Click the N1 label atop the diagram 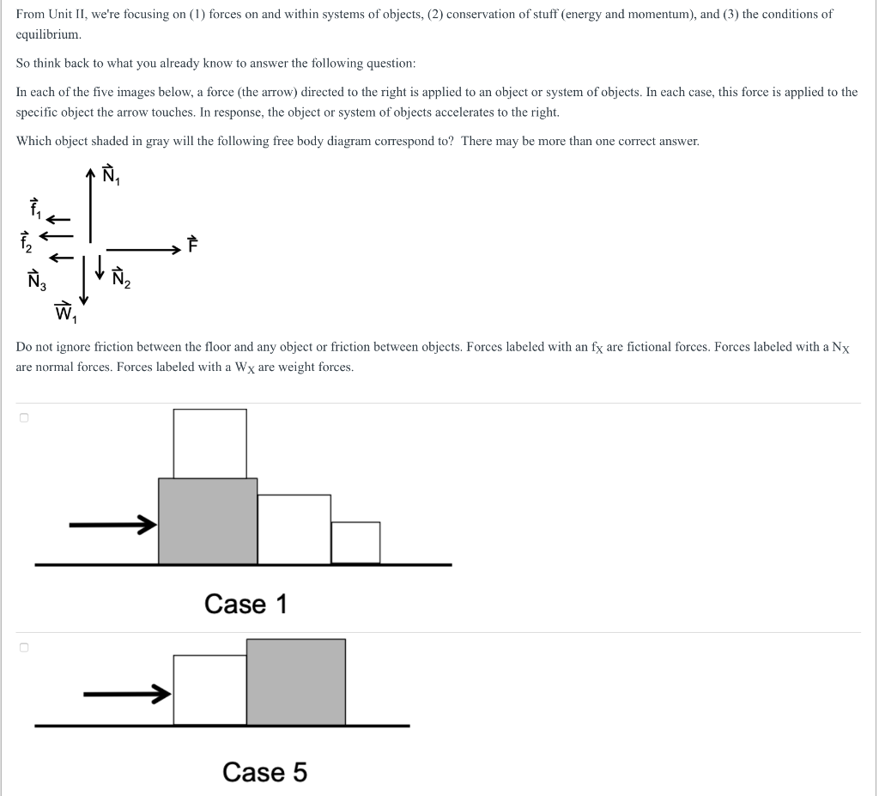[111, 176]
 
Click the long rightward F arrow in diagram [142, 250]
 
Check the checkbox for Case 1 [24, 418]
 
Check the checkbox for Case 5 [24, 647]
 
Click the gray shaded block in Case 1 [207, 521]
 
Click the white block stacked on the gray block [209, 443]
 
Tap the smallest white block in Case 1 [355, 543]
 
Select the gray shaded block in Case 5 [295, 682]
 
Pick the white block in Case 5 [209, 690]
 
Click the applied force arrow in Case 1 [112, 523]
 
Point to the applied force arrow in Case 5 [125, 693]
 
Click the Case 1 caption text [246, 604]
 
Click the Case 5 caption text [264, 772]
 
